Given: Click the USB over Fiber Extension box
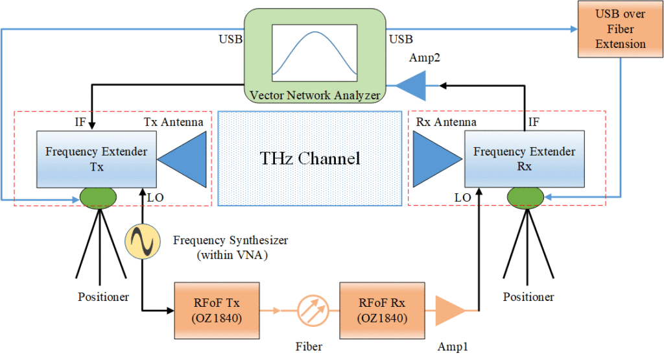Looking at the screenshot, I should coord(621,30).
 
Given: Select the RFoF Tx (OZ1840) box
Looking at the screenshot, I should coord(217,310).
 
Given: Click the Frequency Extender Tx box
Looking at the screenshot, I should coord(97,159).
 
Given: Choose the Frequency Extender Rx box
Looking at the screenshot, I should coord(524,159).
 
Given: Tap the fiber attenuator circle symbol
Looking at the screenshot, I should coord(313,310).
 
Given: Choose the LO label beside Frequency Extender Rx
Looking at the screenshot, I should coord(463,196).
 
